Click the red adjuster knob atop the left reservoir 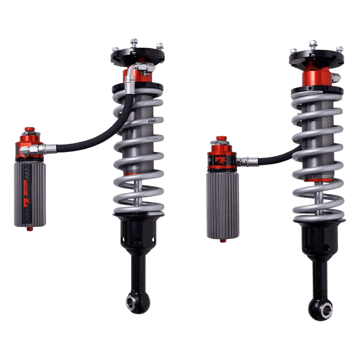[x=29, y=132]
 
